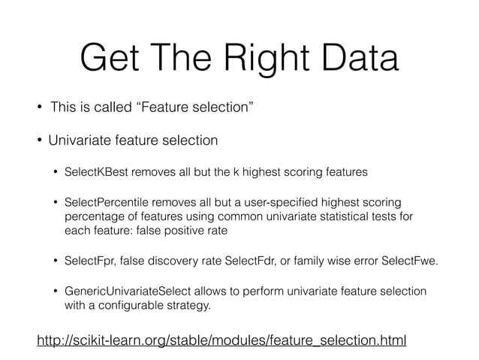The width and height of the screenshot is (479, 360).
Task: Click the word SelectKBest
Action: pos(97,172)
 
